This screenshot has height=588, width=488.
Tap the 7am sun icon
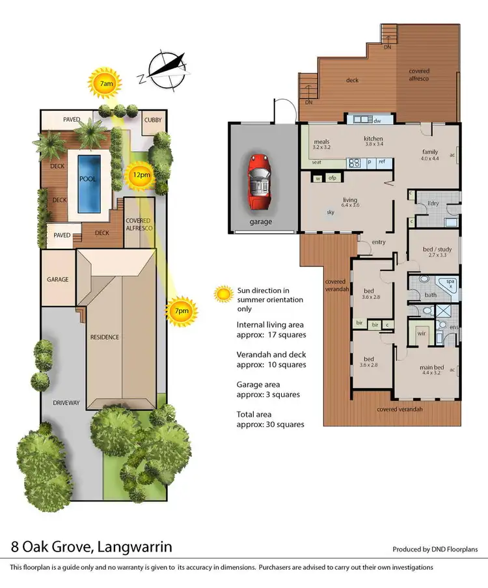pos(106,83)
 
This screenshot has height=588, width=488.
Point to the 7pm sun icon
pos(181,311)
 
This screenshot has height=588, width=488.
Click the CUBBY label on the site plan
pos(154,120)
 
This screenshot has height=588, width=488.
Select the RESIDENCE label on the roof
pos(105,337)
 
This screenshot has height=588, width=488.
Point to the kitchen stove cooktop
pos(353,163)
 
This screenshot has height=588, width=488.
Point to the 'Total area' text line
pos(256,413)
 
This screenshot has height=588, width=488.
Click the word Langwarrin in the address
pos(126,545)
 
